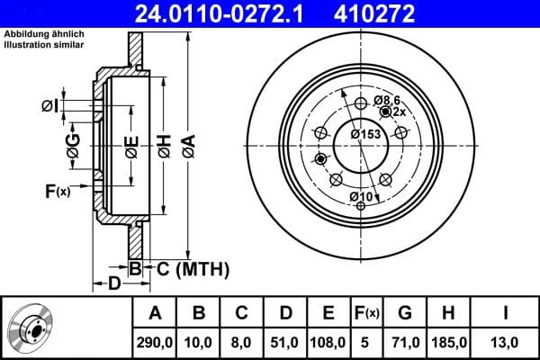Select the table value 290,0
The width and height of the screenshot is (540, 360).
coord(155,342)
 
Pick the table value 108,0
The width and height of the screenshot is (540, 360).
coord(328,342)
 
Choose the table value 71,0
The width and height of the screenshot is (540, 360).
coord(404,342)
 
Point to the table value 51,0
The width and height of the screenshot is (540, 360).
coord(285,342)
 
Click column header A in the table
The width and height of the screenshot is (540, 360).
coord(155,313)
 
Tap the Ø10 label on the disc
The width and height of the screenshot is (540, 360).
coord(361,196)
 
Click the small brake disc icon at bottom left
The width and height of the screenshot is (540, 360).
coord(31,328)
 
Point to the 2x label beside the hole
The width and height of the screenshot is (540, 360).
coord(400,112)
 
